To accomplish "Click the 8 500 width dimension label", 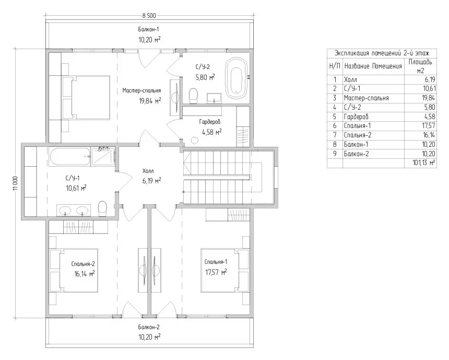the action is click(x=149, y=16).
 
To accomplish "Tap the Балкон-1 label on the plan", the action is click(x=148, y=29).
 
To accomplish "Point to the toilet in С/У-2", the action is click(x=194, y=96).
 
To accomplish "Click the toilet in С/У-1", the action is click(x=102, y=208).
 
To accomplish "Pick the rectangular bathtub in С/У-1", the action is click(x=70, y=156).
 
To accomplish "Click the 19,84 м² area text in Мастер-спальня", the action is click(x=150, y=101).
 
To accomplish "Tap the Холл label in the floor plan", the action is click(x=148, y=171).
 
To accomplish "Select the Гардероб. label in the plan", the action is click(x=210, y=122).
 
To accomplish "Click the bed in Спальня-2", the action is click(x=74, y=270).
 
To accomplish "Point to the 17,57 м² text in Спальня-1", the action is click(x=216, y=272).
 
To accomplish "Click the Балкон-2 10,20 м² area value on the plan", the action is click(x=149, y=337).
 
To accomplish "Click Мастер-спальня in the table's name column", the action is click(x=366, y=98).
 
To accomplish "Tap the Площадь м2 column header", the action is click(x=420, y=66).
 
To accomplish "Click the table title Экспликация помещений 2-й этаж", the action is click(x=382, y=53).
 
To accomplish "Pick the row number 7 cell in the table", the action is click(x=335, y=135).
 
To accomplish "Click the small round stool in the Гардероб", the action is click(x=194, y=141).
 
